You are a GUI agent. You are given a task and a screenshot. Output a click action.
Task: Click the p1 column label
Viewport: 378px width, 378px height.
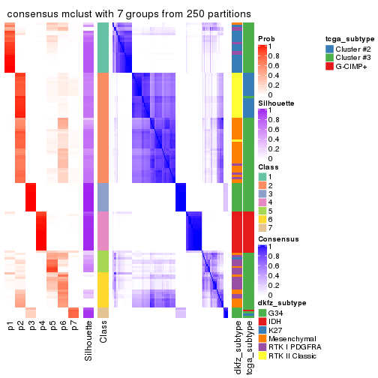tap(10, 326)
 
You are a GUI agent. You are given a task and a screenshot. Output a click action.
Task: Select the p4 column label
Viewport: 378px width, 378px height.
tap(42, 326)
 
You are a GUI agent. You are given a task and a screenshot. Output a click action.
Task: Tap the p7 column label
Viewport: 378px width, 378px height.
tap(73, 326)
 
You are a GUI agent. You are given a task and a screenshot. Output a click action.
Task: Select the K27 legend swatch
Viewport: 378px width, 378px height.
tap(262, 331)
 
